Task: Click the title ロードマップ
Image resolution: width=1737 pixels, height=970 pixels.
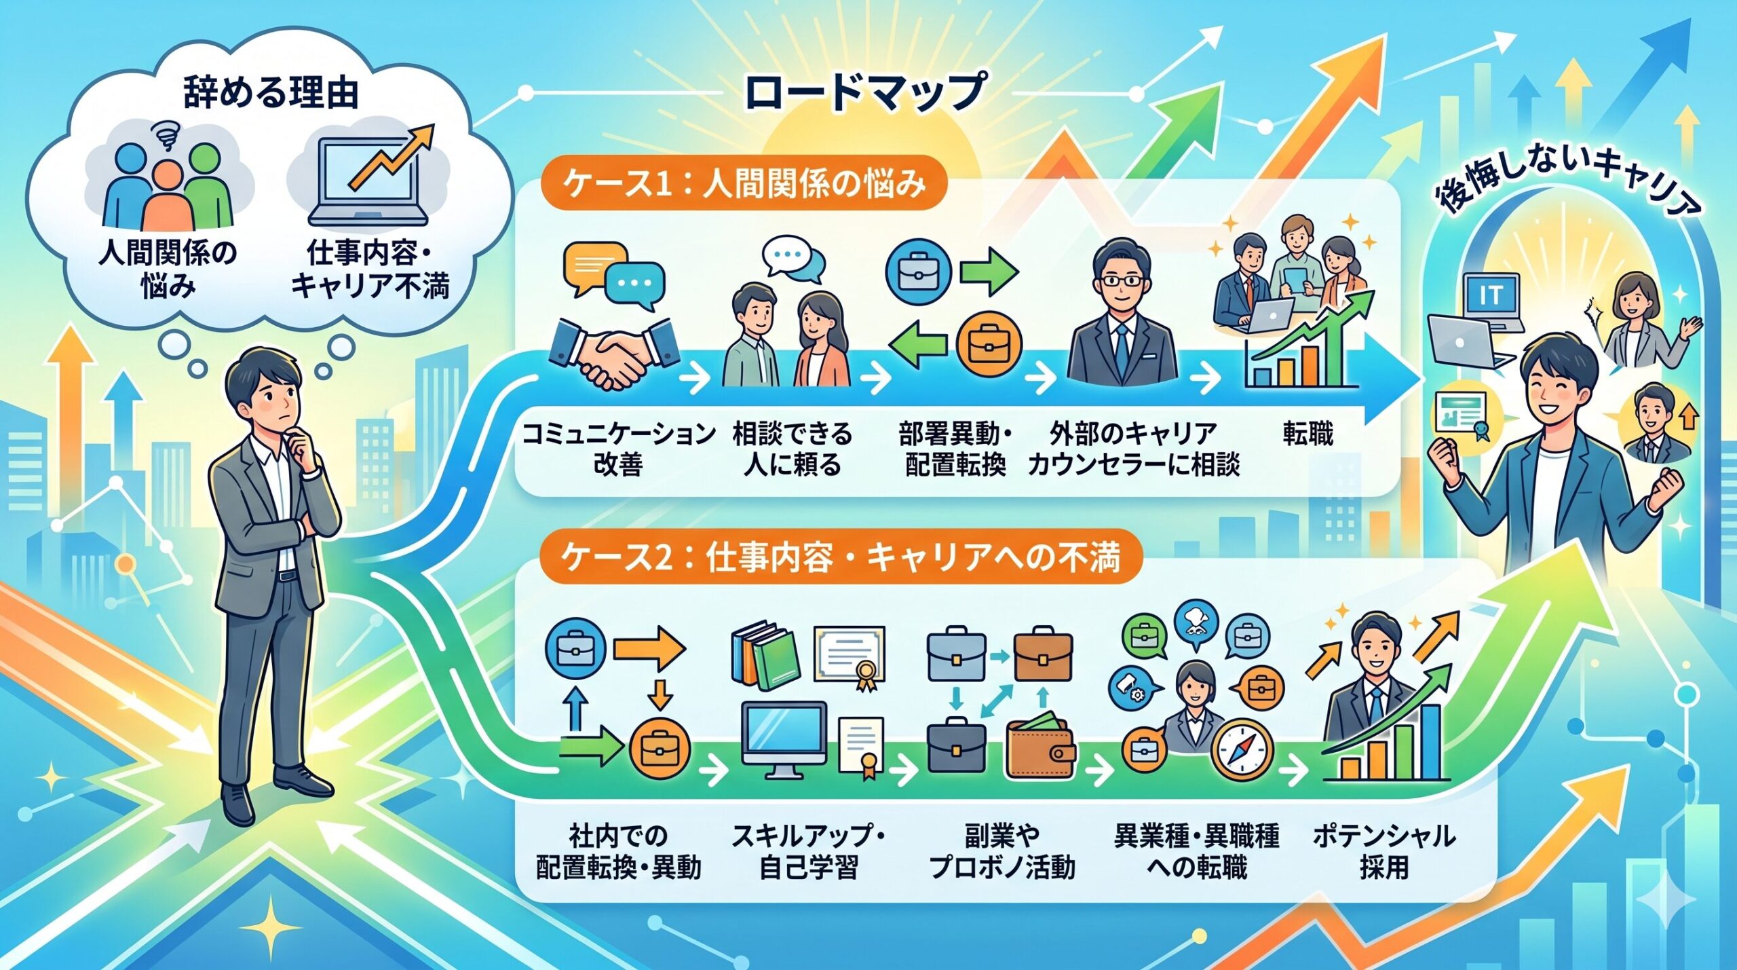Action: (x=865, y=92)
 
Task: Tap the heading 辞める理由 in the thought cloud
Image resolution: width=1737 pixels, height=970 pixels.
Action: (x=271, y=93)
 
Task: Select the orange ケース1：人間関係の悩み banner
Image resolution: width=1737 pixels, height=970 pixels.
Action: (x=743, y=185)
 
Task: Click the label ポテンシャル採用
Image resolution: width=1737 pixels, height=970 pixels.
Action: (x=1383, y=853)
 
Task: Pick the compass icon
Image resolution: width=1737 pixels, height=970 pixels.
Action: (x=1241, y=751)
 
